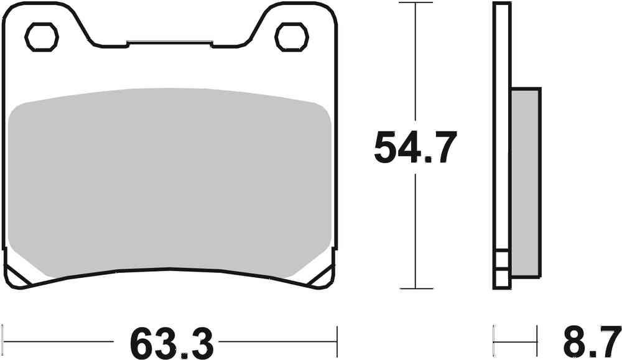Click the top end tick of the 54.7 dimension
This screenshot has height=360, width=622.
(415, 3)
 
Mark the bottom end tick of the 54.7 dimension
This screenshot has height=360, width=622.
(415, 288)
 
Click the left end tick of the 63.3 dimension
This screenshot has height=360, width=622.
(5, 341)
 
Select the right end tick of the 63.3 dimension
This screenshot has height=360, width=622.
(337, 341)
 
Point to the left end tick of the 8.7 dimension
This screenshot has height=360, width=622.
(494, 341)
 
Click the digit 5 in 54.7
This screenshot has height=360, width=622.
(387, 148)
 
